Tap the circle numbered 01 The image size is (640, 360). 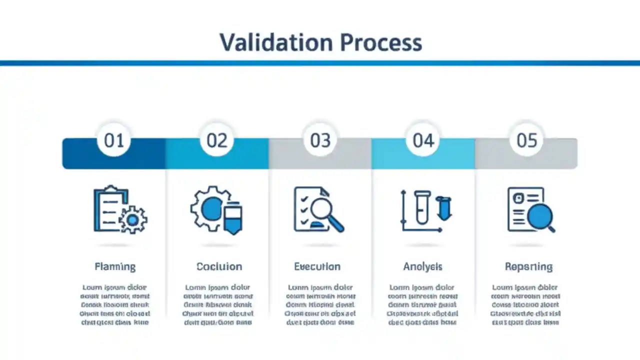click(114, 140)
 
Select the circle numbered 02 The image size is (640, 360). click(217, 140)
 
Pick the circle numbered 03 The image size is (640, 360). click(320, 140)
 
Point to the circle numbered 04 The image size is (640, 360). click(423, 140)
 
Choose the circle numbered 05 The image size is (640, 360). click(526, 140)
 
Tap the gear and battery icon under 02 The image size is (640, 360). click(217, 210)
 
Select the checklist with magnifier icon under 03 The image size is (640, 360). click(319, 209)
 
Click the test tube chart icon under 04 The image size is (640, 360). click(425, 210)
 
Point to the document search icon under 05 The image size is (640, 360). click(530, 209)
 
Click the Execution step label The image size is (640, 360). click(317, 266)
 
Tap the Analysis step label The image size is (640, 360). click(423, 266)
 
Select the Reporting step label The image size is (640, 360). click(528, 266)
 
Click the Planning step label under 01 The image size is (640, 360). click(115, 266)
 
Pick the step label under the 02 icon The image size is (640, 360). click(219, 266)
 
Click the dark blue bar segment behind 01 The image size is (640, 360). click(80, 153)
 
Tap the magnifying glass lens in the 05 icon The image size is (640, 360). click(540, 216)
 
